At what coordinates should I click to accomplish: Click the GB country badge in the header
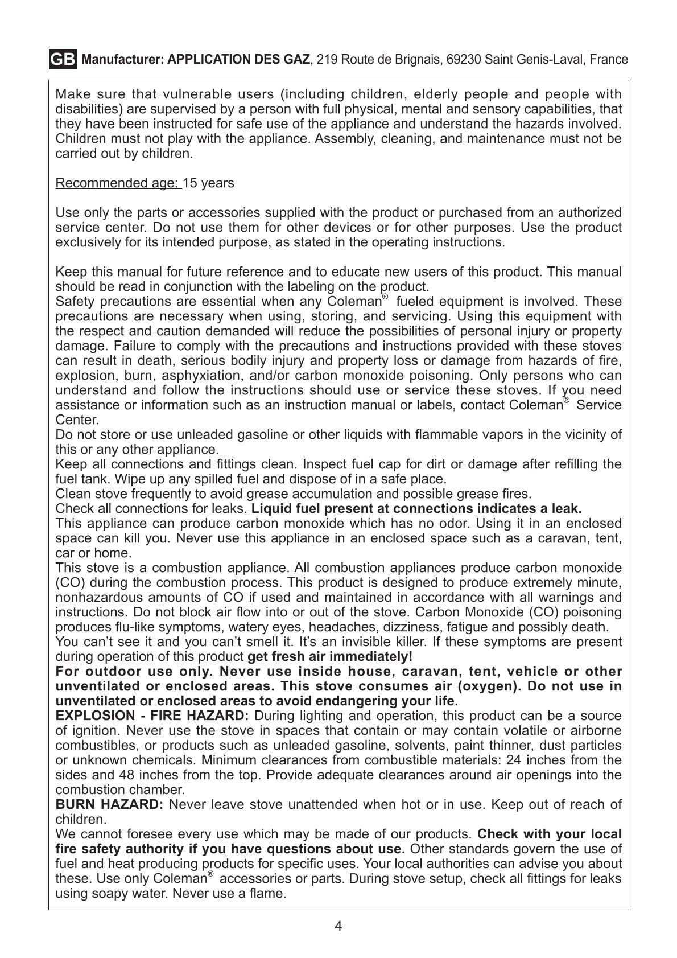[63, 59]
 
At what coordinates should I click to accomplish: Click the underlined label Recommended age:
[118, 183]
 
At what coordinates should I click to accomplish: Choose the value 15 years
[209, 183]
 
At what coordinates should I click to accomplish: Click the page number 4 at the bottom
[338, 926]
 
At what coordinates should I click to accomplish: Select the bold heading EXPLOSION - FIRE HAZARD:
[152, 716]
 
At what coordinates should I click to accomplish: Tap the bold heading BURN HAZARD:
[109, 804]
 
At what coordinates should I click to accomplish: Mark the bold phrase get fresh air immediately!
[330, 656]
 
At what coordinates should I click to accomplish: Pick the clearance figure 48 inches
[145, 775]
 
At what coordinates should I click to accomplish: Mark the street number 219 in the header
[327, 59]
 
